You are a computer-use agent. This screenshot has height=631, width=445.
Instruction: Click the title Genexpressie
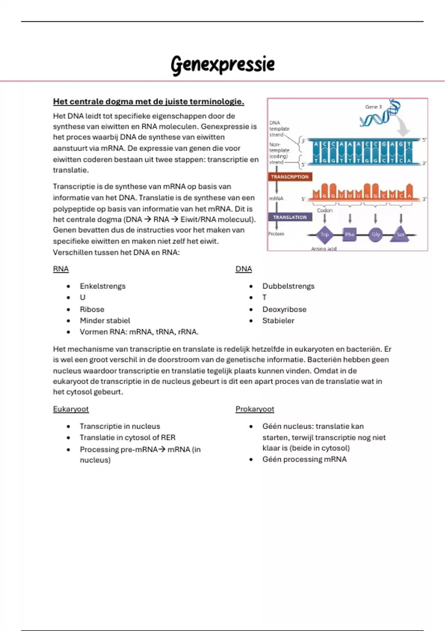coord(222,64)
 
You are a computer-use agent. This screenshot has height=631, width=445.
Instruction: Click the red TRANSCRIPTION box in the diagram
coord(290,177)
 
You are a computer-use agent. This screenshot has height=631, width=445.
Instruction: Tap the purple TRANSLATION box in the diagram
coord(290,217)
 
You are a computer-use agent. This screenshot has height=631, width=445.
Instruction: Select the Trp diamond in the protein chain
coord(324,235)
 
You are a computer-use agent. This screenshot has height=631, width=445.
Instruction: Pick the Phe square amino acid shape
coord(350,235)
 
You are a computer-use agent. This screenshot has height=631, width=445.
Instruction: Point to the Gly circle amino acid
coord(376,235)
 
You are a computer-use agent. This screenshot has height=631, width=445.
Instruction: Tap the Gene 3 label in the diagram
coord(373,107)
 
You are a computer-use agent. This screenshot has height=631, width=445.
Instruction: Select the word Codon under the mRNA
coord(324,210)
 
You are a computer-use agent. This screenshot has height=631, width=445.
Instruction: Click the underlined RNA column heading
coord(61,269)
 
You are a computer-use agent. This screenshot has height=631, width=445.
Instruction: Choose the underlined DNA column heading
coord(244,269)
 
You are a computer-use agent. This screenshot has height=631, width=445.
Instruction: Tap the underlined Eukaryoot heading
coord(71,409)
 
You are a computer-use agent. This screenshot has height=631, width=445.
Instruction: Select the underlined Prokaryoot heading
coord(255,409)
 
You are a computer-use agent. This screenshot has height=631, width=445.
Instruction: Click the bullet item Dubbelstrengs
coord(288,286)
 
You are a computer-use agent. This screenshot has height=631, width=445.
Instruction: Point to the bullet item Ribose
coord(92,310)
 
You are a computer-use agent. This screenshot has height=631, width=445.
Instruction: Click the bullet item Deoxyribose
coord(284,310)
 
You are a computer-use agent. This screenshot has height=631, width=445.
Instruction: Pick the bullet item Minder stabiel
coord(105,321)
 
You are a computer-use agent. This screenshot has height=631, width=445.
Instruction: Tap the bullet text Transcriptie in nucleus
coord(120,426)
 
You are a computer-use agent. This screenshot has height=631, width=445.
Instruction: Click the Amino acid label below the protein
coord(324,249)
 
